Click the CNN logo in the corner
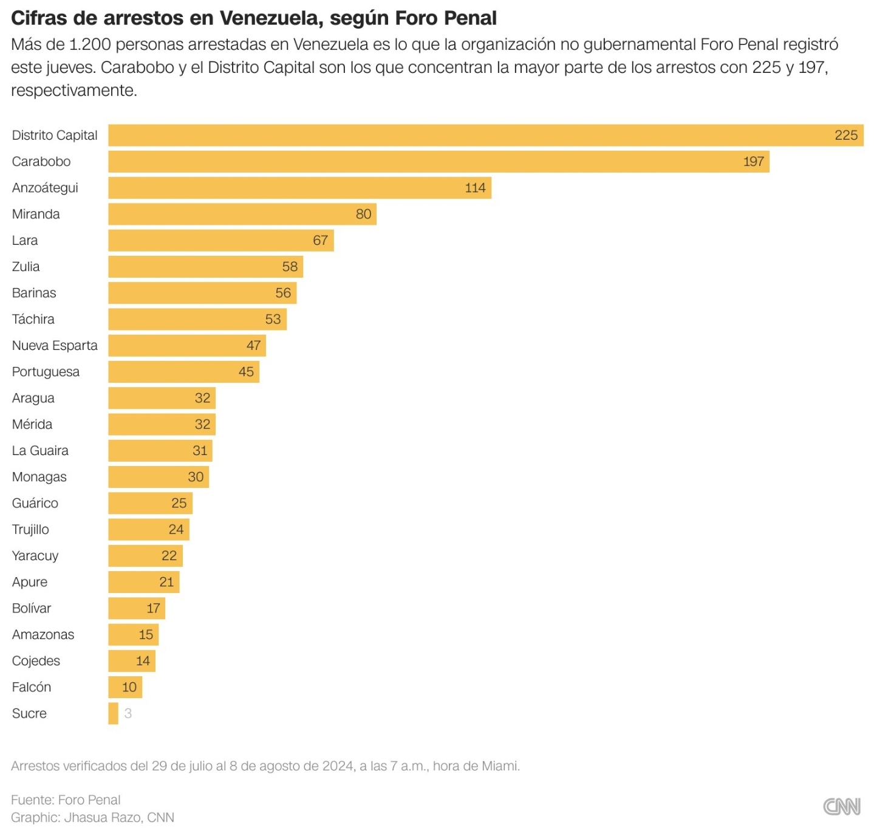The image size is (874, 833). pyautogui.click(x=841, y=806)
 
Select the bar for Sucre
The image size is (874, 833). pyautogui.click(x=114, y=713)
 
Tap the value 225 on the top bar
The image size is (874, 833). pyautogui.click(x=845, y=135)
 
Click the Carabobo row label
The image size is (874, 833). pyautogui.click(x=41, y=162)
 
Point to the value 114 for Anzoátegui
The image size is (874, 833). pyautogui.click(x=475, y=188)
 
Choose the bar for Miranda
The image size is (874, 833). pyautogui.click(x=242, y=214)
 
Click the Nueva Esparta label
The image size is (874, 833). pyautogui.click(x=55, y=346)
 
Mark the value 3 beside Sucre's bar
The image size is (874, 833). pyautogui.click(x=128, y=713)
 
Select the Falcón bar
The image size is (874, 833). pyautogui.click(x=125, y=687)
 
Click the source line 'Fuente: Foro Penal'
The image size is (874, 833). pyautogui.click(x=66, y=800)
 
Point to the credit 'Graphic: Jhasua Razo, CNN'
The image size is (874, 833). pyautogui.click(x=92, y=817)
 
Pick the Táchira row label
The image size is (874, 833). pyautogui.click(x=33, y=320)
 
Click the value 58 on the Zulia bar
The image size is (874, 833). pyautogui.click(x=290, y=267)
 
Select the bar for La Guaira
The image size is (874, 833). pyautogui.click(x=160, y=451)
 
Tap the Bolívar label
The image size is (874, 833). pyautogui.click(x=32, y=608)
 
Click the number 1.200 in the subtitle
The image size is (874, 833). pyautogui.click(x=90, y=44)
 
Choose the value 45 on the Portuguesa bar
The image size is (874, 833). pyautogui.click(x=246, y=372)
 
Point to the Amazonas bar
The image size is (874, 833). pyautogui.click(x=134, y=634)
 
